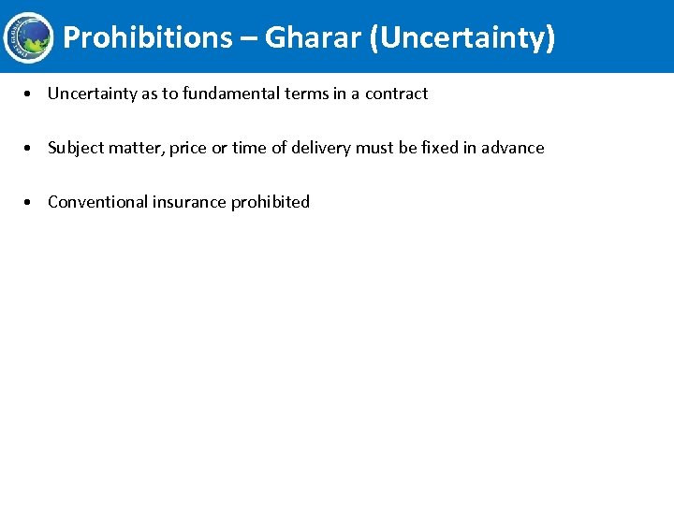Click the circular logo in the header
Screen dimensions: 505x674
click(28, 37)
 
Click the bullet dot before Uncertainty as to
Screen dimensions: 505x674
click(32, 94)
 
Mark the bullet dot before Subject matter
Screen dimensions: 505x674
click(32, 148)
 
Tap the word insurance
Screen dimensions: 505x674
click(187, 202)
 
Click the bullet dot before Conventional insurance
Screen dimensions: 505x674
click(32, 202)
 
